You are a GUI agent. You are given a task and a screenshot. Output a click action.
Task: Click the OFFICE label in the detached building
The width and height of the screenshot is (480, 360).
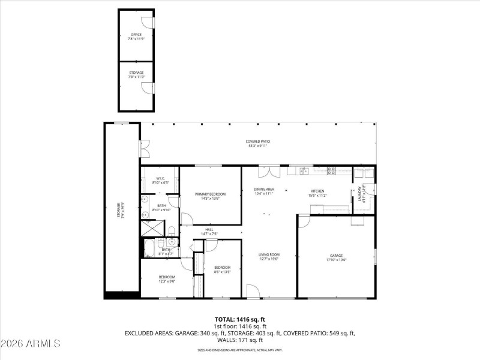tap(136, 35)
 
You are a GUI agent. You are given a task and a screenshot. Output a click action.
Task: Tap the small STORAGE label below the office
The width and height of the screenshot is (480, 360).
tap(136, 73)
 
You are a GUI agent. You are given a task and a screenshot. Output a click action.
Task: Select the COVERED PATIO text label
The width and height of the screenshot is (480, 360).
tap(257, 142)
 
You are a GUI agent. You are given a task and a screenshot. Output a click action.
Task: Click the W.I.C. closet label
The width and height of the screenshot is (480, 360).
tap(161, 178)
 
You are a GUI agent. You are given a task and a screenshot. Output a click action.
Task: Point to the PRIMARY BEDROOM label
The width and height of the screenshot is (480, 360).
tap(210, 194)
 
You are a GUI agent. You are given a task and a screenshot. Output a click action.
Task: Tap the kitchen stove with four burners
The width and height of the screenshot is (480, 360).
tap(331, 171)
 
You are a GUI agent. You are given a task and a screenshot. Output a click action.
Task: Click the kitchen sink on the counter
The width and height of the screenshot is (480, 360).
tap(304, 171)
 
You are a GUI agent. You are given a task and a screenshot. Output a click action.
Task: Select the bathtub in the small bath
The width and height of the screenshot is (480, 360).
tap(149, 247)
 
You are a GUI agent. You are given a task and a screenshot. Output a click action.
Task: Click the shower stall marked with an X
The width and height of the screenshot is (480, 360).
tap(152, 229)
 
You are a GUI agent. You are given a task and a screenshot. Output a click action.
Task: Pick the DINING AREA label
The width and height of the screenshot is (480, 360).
tap(263, 190)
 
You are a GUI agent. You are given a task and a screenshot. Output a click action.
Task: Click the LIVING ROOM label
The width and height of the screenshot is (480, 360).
tap(269, 254)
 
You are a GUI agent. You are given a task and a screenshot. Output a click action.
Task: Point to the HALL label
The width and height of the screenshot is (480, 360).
tap(209, 229)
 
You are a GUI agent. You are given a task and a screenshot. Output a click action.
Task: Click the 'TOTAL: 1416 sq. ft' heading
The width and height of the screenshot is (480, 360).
tap(240, 319)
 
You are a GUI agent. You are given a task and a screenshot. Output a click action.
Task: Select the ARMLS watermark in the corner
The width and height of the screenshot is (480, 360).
tap(31, 344)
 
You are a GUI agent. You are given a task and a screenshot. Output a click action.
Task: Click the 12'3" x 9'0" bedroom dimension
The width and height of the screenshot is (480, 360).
tap(167, 281)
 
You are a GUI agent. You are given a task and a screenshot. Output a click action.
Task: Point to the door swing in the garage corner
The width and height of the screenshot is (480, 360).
tap(304, 221)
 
